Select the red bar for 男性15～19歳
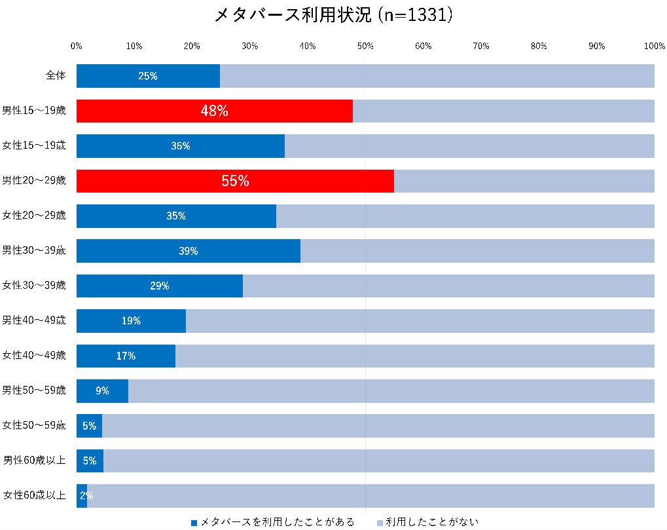point(214,111)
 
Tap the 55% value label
point(235,181)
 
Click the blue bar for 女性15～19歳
point(180,146)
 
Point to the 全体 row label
point(56,75)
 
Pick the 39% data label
point(189,251)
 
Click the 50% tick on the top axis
point(365,46)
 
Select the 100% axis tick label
point(654,46)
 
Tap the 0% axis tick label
point(77,46)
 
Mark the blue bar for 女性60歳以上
point(82,495)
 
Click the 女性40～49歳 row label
point(34,356)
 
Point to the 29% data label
point(160,286)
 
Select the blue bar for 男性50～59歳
point(102,391)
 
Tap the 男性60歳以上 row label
point(35,461)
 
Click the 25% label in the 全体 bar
point(148,76)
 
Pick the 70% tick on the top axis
point(481,46)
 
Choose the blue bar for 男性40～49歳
point(131,321)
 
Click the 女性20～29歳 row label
point(34,216)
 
